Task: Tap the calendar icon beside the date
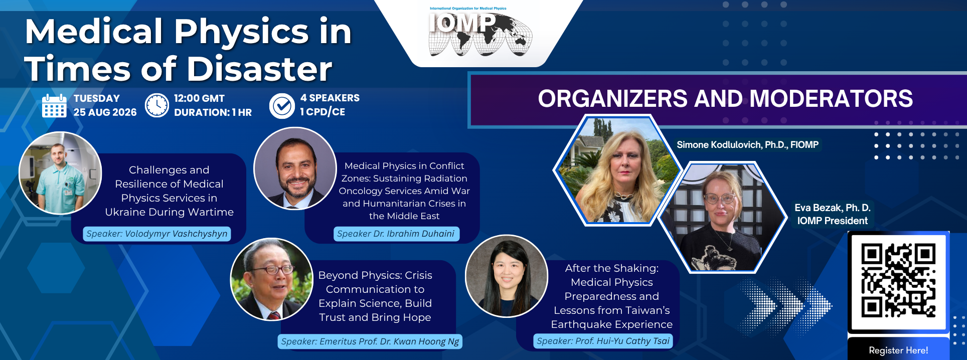click(x=54, y=106)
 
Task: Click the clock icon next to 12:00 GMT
click(x=157, y=105)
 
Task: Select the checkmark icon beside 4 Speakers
click(x=282, y=106)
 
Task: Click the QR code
click(x=898, y=281)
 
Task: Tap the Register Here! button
click(x=898, y=349)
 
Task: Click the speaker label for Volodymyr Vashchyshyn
click(x=157, y=234)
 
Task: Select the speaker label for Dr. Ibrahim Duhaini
click(x=396, y=234)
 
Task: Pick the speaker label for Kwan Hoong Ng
click(x=370, y=341)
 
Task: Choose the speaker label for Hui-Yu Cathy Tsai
click(x=603, y=341)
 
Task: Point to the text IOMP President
click(x=832, y=221)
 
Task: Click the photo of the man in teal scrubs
click(x=60, y=173)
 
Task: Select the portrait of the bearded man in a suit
click(x=295, y=168)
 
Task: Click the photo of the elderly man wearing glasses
click(x=271, y=279)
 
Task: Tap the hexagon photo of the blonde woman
click(x=617, y=170)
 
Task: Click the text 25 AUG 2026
click(x=105, y=112)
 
